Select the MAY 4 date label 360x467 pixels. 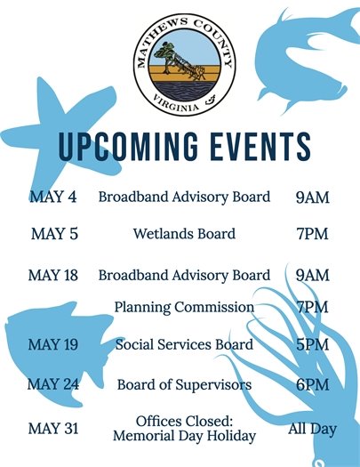pos(54,197)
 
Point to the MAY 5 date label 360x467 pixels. pos(54,234)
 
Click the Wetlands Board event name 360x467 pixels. pos(184,234)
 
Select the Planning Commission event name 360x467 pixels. pos(184,307)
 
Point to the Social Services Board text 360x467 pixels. pos(184,344)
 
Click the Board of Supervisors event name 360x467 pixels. pos(184,384)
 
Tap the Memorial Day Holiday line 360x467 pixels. pos(184,436)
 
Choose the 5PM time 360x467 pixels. pos(312,344)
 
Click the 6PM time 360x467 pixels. pos(312,384)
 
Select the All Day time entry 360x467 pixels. pos(312,429)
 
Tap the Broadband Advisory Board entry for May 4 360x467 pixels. pos(184,197)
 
